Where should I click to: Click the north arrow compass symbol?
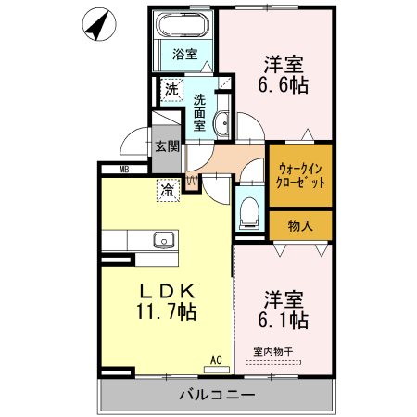pos(99,24)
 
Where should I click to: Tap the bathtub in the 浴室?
pos(183,25)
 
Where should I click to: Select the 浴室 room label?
pos(185,55)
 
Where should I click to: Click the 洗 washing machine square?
pos(171,90)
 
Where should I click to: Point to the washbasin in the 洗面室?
pos(222,123)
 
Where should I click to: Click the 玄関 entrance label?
pos(167,146)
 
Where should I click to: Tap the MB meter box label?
pos(124,170)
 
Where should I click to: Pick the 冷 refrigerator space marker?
pos(168,190)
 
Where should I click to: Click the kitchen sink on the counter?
pos(164,240)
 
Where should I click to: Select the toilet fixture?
pos(249,213)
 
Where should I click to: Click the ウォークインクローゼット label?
pos(300,176)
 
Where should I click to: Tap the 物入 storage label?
pos(300,226)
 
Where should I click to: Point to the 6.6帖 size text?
pos(283,84)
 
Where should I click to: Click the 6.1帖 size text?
pos(283,320)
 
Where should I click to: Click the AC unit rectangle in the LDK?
pos(217,369)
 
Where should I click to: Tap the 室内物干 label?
pos(273,351)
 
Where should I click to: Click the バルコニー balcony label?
pos(217,395)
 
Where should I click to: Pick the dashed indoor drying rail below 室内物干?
pos(273,363)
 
